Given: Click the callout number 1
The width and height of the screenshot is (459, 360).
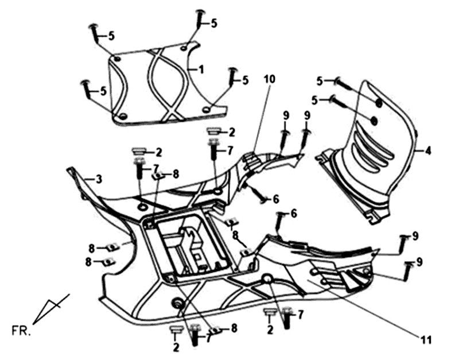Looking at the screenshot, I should [201, 69].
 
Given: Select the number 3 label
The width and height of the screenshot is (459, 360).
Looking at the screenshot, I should [99, 180].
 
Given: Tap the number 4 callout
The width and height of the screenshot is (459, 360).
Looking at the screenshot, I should [428, 150].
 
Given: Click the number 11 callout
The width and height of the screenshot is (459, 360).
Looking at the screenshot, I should [425, 339].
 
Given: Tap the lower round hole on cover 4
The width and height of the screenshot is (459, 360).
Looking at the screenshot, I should [372, 121].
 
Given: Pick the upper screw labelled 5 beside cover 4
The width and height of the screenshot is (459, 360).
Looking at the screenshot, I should [341, 84].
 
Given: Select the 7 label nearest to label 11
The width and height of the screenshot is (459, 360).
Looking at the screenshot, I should [300, 313].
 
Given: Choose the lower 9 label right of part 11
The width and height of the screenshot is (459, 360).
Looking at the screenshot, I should [420, 262].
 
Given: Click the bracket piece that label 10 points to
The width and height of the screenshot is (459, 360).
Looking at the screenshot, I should [252, 161].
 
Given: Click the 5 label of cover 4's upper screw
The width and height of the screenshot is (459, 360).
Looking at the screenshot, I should [320, 80].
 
